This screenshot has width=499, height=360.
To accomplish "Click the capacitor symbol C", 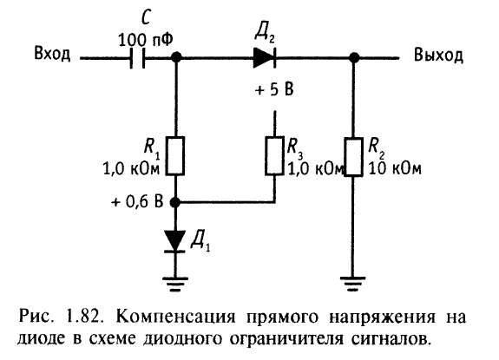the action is pos(137,58).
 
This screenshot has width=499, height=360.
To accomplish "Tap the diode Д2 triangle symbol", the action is pos(264,57).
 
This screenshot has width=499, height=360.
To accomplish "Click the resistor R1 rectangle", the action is pos(174,156).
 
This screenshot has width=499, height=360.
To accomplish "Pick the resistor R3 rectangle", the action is pos(274,156).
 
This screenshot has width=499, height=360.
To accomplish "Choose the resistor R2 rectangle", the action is pos(353,157).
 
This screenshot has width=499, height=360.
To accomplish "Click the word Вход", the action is pos(52,54).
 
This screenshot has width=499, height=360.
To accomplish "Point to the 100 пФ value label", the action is pos(146,40).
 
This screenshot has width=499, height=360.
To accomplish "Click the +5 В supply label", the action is pos(274,89).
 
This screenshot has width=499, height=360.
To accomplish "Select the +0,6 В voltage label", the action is pos(137,201).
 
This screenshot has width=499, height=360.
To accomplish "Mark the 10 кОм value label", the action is pos(395,168).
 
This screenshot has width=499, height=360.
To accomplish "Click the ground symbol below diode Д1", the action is pos(174,284).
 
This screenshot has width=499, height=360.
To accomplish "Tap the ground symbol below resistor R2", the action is pos(352,284).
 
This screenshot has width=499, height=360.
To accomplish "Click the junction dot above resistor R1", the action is pos(176,57).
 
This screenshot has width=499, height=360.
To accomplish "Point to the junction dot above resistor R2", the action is pos(354,57).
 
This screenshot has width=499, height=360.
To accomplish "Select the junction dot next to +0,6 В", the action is pos(174,202).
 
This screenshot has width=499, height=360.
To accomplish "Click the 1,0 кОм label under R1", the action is pos(131,168).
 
